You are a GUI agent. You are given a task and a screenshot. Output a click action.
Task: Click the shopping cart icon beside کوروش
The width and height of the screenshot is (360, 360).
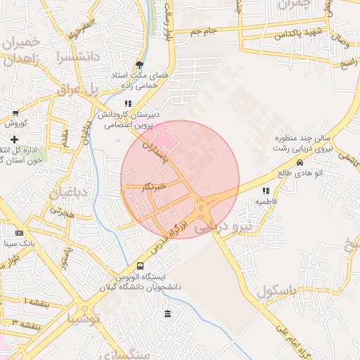[15, 112]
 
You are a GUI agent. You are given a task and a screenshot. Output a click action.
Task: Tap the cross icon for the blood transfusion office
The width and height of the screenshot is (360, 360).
[14, 140]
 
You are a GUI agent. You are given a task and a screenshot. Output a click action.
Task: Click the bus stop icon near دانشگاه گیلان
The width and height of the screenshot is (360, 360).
[140, 266]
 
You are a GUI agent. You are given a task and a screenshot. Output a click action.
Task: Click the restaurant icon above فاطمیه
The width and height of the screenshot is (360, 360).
[265, 191]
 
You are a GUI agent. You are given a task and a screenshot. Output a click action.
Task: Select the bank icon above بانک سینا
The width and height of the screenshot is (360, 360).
[19, 233]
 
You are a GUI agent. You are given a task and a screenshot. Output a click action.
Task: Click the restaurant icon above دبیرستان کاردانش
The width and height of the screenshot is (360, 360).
[128, 103]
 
